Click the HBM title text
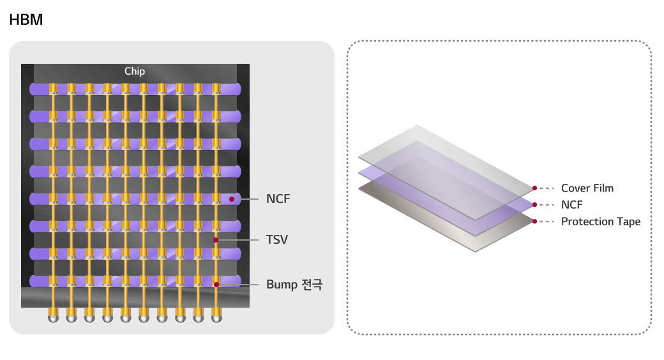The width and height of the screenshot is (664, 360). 26,20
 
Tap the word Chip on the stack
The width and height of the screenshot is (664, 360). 135,71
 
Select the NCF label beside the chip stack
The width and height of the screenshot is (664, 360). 278,199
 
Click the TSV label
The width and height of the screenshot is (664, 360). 277,240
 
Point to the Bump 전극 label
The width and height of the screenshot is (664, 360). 294,285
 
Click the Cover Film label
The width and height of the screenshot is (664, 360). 587,188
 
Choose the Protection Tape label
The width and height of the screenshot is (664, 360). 600,222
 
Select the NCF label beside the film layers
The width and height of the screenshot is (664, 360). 571,205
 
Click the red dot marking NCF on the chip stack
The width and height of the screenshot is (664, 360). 232,199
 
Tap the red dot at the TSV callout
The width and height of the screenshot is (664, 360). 216,240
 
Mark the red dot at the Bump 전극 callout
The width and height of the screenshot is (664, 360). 216,285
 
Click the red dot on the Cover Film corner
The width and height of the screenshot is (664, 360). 534,188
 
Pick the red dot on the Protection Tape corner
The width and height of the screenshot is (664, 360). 534,221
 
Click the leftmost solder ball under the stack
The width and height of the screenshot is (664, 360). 53,315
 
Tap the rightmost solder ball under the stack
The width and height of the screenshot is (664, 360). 217,315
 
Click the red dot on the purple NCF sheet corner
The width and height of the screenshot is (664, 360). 534,205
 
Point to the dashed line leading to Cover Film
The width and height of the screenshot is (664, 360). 547,188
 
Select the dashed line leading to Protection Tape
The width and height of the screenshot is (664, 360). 547,222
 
